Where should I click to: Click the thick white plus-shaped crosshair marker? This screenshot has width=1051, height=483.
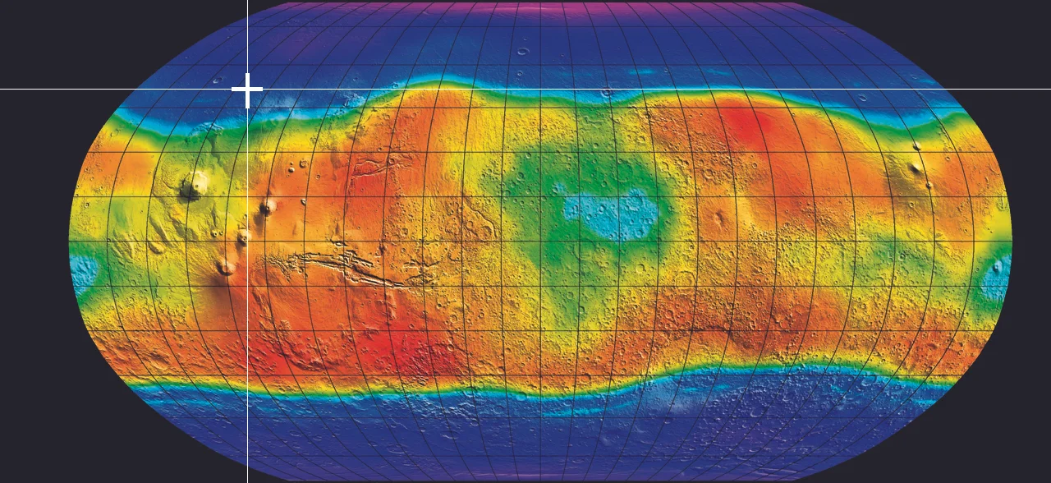point(247,90)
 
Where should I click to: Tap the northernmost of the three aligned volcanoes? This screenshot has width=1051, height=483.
point(267,207)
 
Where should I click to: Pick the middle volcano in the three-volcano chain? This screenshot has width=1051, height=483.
point(243,238)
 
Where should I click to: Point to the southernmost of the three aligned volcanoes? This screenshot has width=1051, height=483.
point(225,266)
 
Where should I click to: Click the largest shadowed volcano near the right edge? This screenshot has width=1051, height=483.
point(915,170)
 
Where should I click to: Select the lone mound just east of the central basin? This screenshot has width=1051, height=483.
point(720,218)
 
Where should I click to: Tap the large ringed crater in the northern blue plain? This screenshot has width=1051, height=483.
point(523,52)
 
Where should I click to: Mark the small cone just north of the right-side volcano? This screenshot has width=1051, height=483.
point(916,146)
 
